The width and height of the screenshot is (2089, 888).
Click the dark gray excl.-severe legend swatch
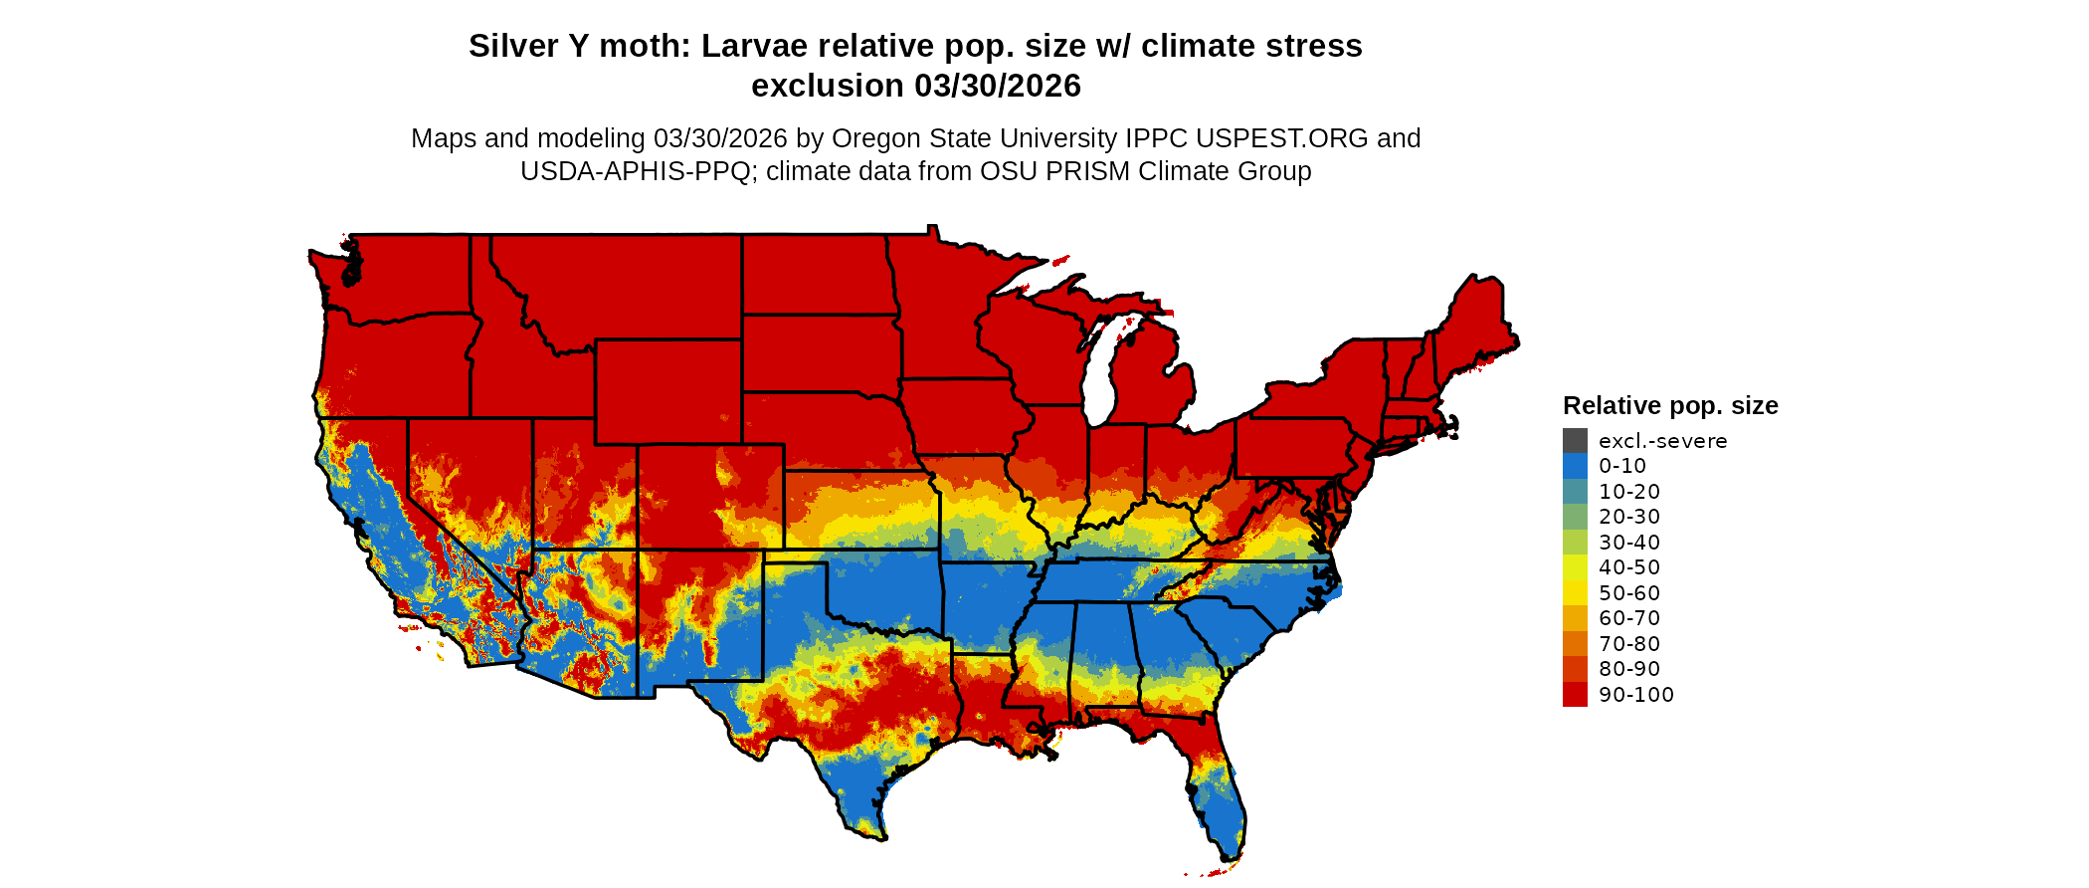[x=1575, y=440]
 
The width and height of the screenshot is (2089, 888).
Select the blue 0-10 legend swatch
[x=1575, y=466]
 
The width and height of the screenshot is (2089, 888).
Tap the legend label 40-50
[x=1629, y=567]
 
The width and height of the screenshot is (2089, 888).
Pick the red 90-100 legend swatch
[x=1575, y=695]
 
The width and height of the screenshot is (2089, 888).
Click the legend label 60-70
[x=1629, y=618]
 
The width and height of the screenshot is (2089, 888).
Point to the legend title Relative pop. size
[x=1670, y=405]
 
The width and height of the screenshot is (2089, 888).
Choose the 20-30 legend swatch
[x=1575, y=517]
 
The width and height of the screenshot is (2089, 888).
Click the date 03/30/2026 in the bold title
[x=997, y=86]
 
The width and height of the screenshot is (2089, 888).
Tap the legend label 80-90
[x=1629, y=669]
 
